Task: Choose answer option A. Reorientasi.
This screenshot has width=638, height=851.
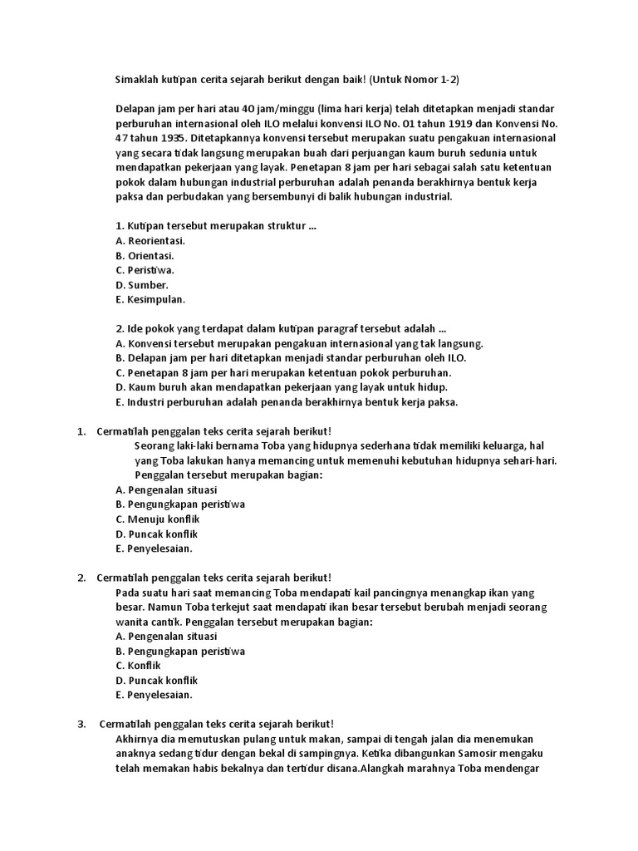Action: [x=150, y=240]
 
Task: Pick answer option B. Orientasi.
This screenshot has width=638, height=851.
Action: [x=145, y=255]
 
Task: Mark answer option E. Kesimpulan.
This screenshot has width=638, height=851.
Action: [x=150, y=299]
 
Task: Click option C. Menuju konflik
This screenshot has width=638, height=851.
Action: [x=156, y=519]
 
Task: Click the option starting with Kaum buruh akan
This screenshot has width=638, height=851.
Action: [x=282, y=387]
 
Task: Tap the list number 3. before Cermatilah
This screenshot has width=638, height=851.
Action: [x=82, y=724]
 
